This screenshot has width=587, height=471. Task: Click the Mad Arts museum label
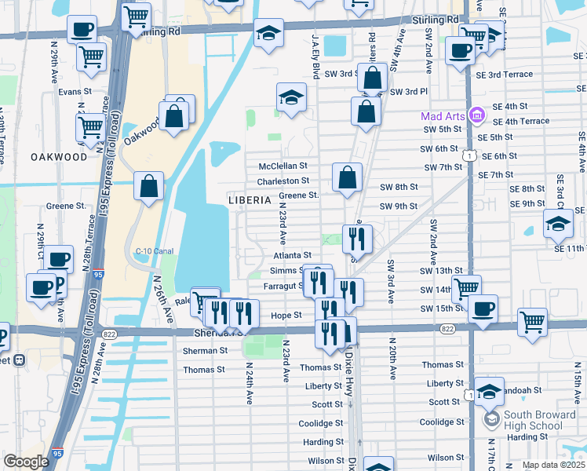(x=443, y=116)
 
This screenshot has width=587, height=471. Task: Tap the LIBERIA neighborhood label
(x=251, y=199)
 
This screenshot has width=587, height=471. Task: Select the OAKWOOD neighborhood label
(x=59, y=157)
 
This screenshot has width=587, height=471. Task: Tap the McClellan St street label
(x=283, y=166)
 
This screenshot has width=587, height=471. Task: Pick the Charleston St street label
(x=283, y=181)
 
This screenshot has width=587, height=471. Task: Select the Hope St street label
(x=286, y=315)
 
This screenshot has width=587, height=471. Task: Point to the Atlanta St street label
(x=293, y=255)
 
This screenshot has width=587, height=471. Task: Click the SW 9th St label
(x=399, y=206)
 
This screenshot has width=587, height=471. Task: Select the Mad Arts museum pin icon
(x=476, y=116)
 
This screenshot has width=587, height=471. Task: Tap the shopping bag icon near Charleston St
(x=347, y=178)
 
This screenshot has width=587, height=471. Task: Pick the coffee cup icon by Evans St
(x=82, y=31)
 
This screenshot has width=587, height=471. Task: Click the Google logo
(x=26, y=462)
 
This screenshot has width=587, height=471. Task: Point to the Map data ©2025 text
(x=553, y=465)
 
